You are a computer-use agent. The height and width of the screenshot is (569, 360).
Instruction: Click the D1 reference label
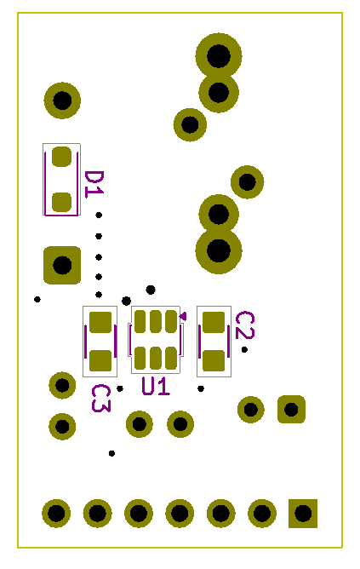click(94, 184)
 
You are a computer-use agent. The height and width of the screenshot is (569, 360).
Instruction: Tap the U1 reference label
click(156, 386)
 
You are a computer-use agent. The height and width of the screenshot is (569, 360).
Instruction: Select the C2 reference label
click(245, 325)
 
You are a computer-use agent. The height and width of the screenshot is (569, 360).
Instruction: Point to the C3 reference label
click(100, 399)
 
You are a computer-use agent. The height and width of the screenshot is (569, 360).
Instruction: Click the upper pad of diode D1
click(61, 157)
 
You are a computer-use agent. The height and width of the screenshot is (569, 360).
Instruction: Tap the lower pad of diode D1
click(61, 202)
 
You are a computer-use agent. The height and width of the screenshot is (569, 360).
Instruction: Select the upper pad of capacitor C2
click(214, 322)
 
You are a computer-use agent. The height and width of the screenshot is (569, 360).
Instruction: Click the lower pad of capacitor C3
click(100, 360)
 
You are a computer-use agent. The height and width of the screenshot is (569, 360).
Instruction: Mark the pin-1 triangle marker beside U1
click(183, 316)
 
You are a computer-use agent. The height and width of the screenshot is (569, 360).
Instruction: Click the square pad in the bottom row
click(303, 514)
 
